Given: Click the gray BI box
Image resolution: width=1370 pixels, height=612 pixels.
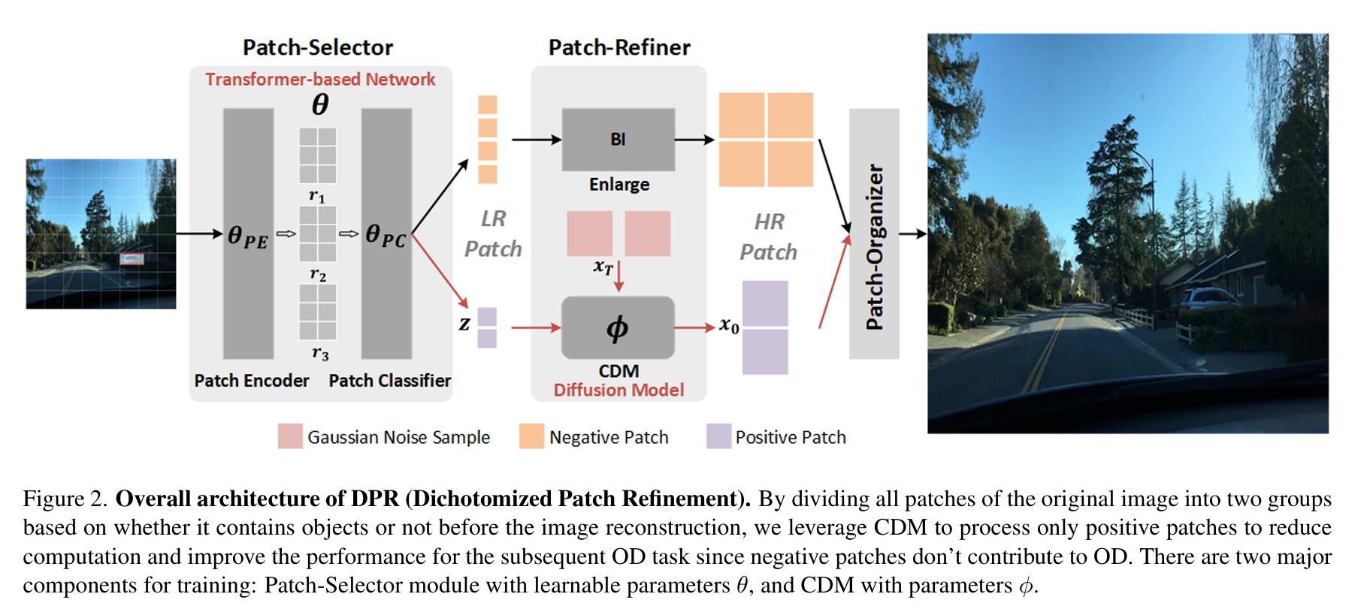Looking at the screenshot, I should click(x=618, y=140).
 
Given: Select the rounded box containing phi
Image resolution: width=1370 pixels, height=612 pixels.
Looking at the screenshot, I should click(x=618, y=327).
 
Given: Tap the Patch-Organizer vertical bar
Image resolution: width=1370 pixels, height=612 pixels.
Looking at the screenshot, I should click(x=874, y=234).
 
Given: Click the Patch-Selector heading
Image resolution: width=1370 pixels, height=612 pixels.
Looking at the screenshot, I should click(x=317, y=47).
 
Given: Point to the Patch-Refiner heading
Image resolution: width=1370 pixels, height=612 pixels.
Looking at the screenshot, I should click(x=619, y=47).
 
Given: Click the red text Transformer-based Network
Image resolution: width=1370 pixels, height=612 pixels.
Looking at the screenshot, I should click(x=320, y=79).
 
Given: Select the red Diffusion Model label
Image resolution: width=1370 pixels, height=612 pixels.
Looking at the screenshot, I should click(x=618, y=390).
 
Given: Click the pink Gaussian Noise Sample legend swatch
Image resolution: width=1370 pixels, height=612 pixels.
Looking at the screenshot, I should click(x=290, y=436).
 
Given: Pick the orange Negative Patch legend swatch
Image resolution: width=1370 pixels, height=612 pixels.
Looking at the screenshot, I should click(x=531, y=436).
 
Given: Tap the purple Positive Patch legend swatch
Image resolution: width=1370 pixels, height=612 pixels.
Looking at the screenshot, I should click(x=718, y=436).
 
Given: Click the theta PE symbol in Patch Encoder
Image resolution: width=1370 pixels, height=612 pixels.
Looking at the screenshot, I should click(x=247, y=237).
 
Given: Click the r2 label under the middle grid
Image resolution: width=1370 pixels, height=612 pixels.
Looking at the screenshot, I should click(x=318, y=274).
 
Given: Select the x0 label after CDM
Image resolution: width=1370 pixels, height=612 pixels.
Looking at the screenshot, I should click(x=729, y=325).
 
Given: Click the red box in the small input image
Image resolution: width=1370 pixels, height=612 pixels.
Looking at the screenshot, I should click(x=132, y=259).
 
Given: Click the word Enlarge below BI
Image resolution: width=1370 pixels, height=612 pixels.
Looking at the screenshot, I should click(x=618, y=184).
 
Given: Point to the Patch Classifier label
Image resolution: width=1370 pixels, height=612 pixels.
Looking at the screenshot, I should click(x=389, y=381).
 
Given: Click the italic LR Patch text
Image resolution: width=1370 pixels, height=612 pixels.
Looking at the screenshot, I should click(x=493, y=234).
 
